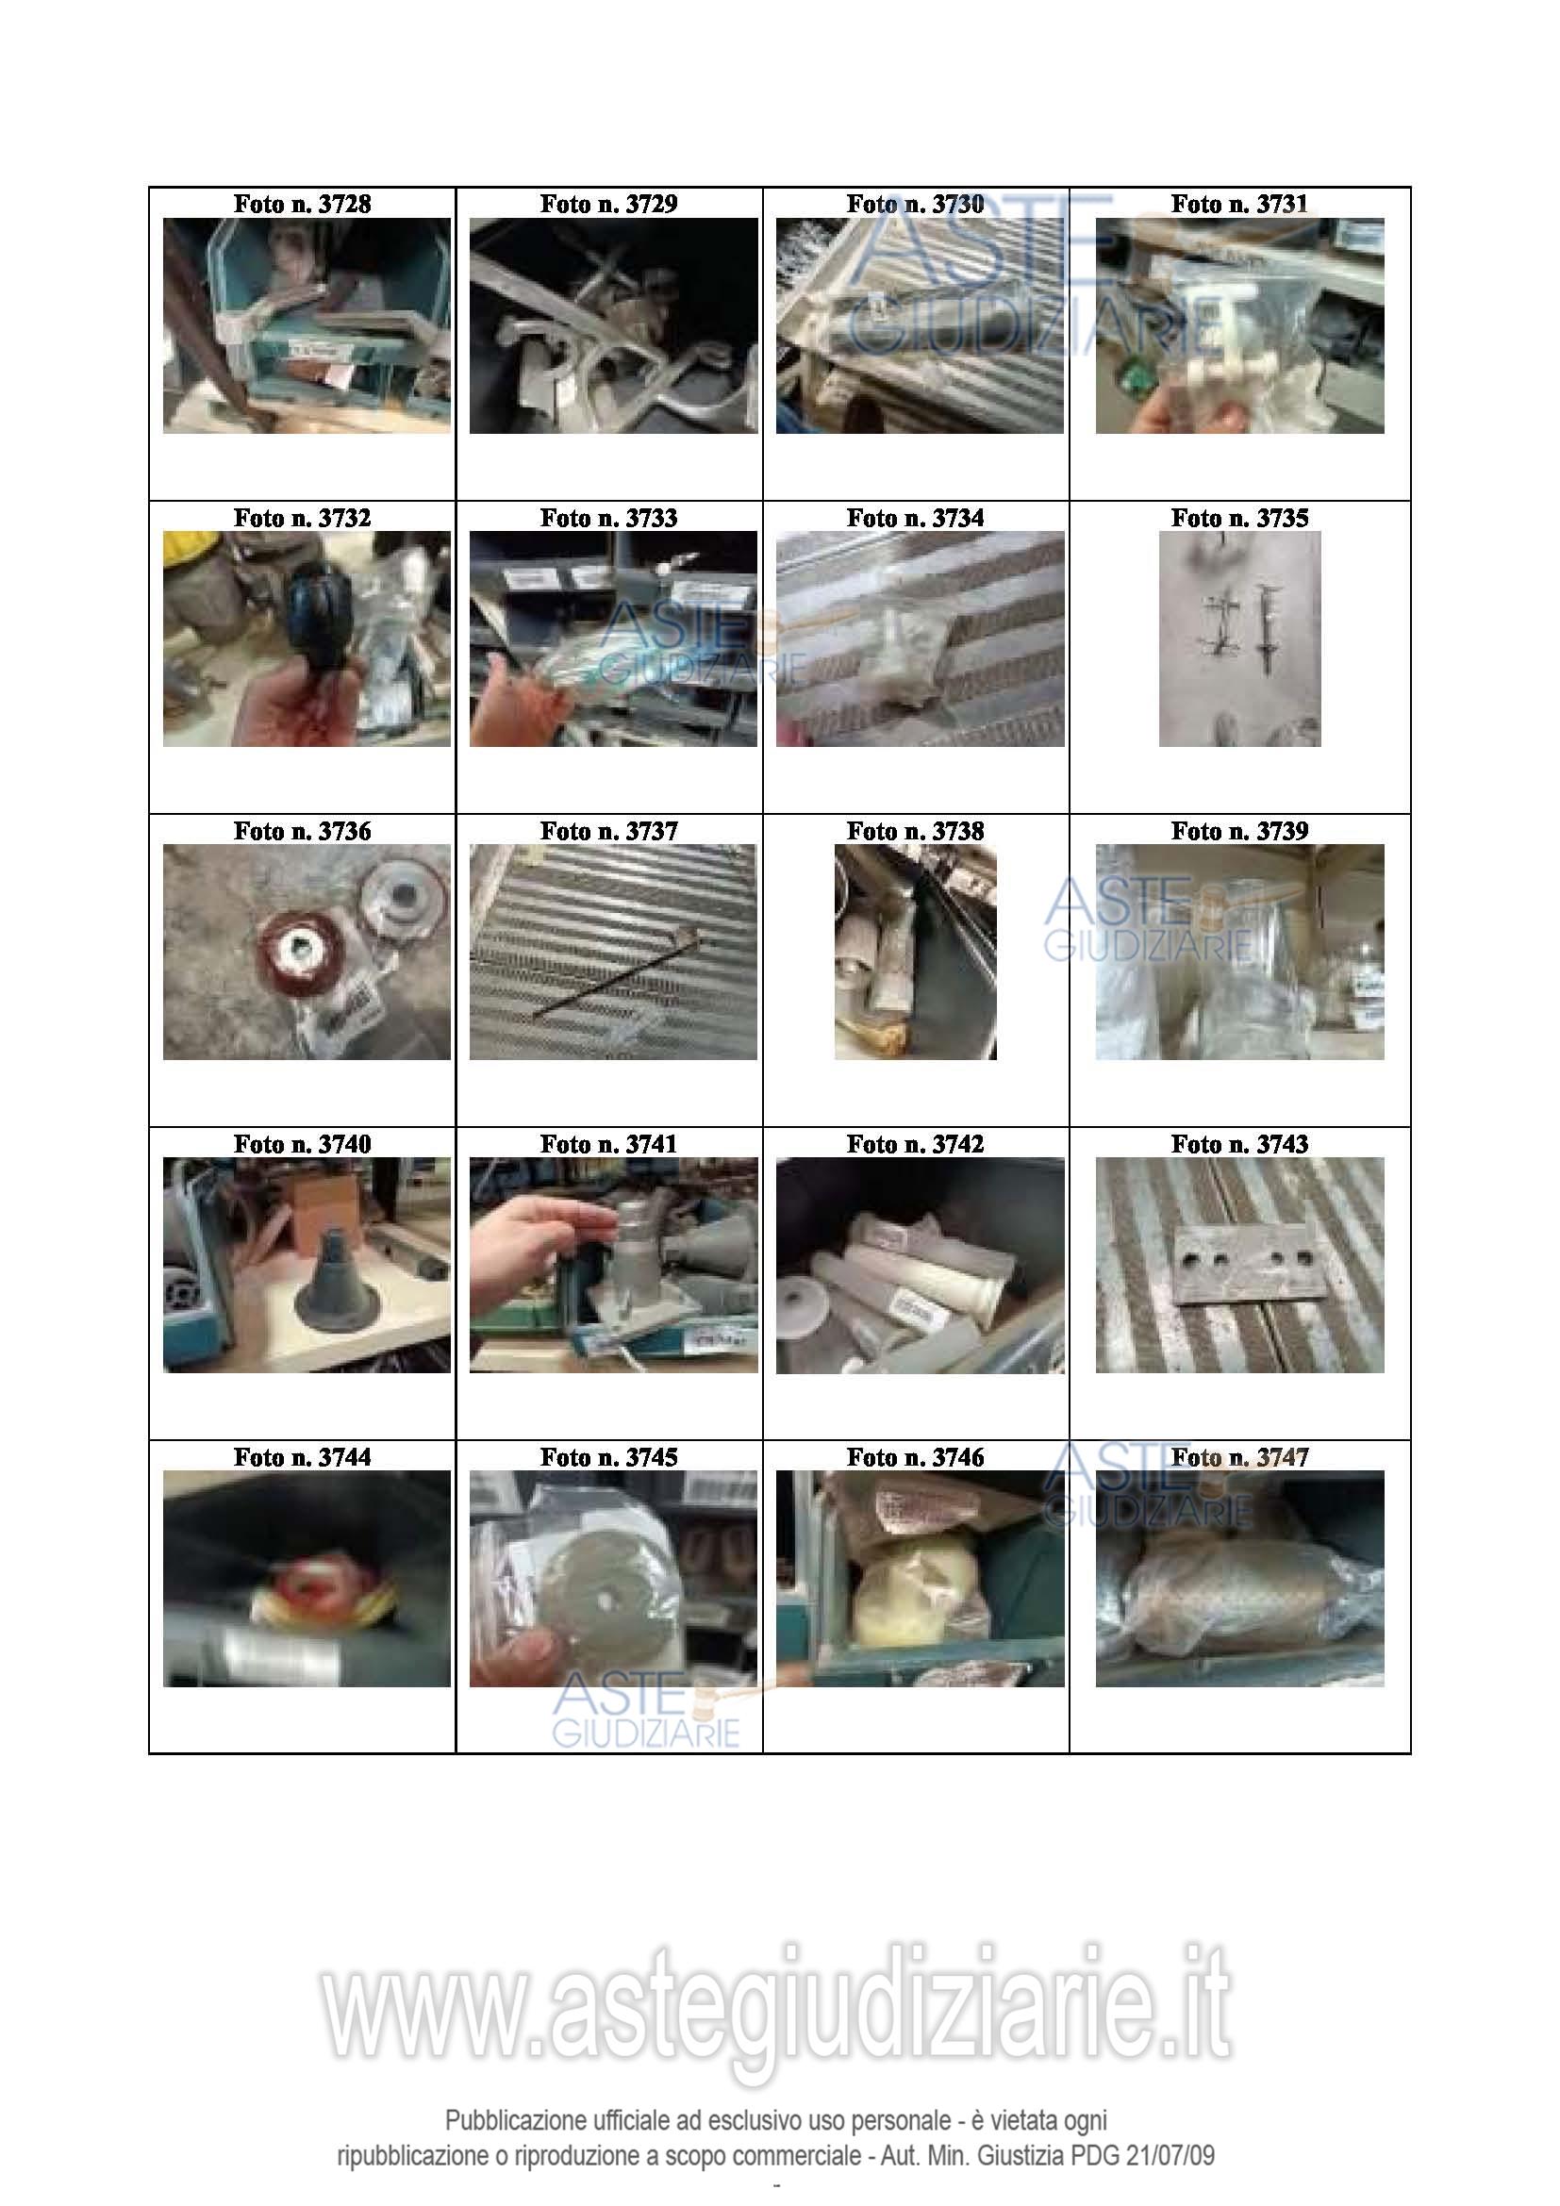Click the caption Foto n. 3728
click(302, 204)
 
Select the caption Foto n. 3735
click(1239, 518)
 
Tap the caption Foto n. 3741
click(608, 1144)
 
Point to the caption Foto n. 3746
click(915, 1457)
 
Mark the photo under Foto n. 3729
click(613, 325)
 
